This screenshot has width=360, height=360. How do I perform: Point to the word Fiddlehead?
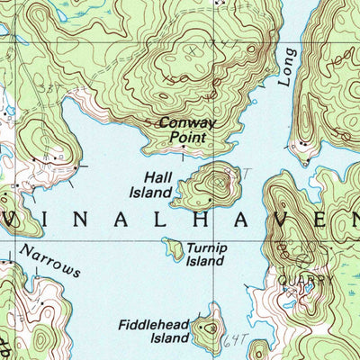(154, 324)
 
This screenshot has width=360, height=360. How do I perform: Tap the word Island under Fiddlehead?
(170, 338)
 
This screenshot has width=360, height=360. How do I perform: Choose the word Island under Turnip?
(204, 261)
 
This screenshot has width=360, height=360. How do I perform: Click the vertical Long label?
(285, 69)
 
